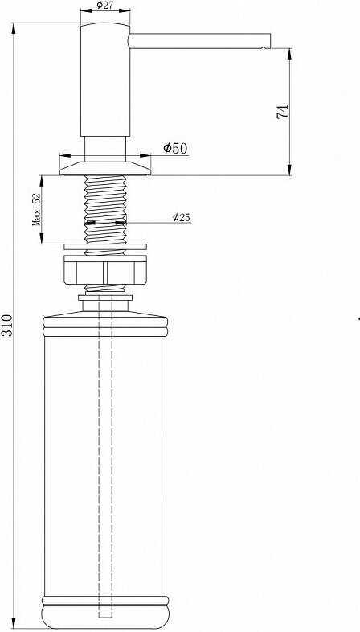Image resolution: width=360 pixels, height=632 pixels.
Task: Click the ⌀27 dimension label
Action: [x=104, y=6]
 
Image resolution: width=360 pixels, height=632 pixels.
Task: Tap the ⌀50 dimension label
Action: [x=175, y=148]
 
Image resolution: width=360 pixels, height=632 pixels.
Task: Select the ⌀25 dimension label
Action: [x=182, y=217]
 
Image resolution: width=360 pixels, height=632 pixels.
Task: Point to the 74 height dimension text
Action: [x=283, y=111]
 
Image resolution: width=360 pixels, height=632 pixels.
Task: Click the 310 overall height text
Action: [x=7, y=326]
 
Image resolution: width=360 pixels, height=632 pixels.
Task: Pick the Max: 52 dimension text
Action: [x=37, y=209]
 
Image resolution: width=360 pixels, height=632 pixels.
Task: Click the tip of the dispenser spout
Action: [x=270, y=41]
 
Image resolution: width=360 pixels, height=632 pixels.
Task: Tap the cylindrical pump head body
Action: [x=105, y=80]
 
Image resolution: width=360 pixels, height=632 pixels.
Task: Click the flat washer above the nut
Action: [x=105, y=246]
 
